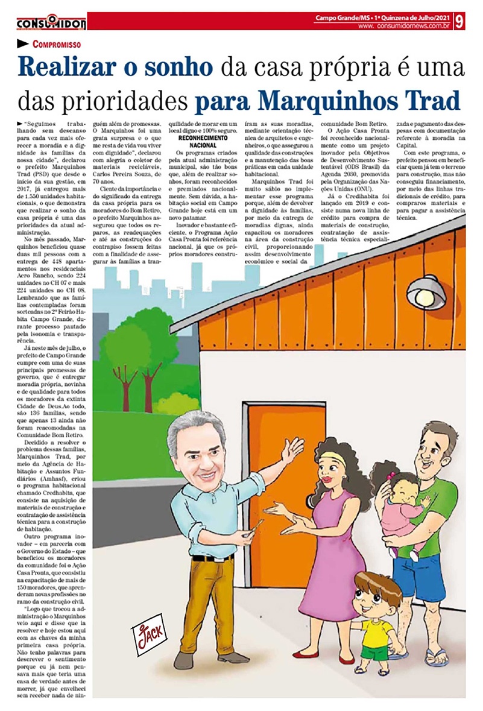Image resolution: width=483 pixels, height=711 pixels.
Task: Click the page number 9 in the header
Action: (460, 21)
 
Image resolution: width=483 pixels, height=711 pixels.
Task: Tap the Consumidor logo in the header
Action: (51, 22)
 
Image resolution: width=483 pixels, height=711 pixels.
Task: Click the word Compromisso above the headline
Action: (57, 44)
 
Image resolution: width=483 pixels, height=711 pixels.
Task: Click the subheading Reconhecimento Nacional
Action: (203, 142)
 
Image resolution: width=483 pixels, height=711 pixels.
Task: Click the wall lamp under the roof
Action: (425, 292)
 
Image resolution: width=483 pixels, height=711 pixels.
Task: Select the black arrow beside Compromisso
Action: (23, 44)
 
